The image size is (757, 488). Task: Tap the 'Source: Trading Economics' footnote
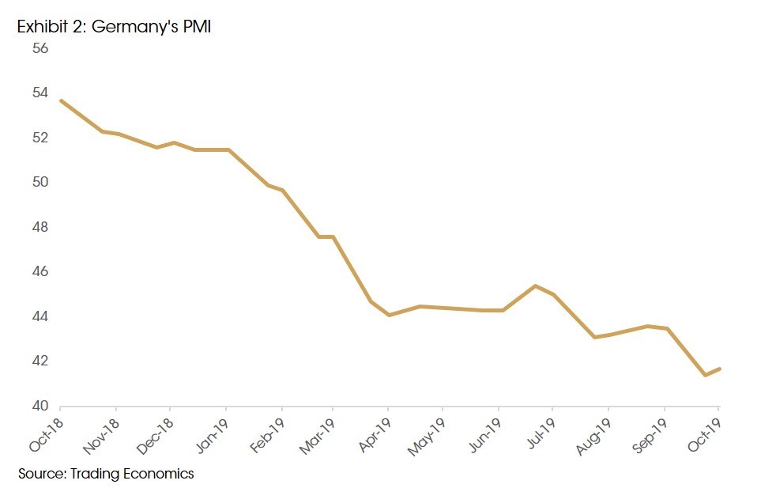pyautogui.click(x=106, y=474)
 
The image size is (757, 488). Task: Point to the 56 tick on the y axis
pyautogui.click(x=40, y=48)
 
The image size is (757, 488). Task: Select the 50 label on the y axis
pyautogui.click(x=40, y=183)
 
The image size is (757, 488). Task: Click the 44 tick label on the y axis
pyautogui.click(x=40, y=317)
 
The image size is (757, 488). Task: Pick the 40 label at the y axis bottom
pyautogui.click(x=40, y=407)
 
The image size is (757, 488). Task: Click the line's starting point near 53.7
pyautogui.click(x=61, y=100)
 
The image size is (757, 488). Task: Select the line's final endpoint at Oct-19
pyautogui.click(x=719, y=369)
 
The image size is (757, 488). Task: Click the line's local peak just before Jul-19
pyautogui.click(x=536, y=286)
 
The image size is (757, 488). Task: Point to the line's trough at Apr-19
pyautogui.click(x=389, y=315)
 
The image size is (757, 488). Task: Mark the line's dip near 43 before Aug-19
pyautogui.click(x=595, y=337)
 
